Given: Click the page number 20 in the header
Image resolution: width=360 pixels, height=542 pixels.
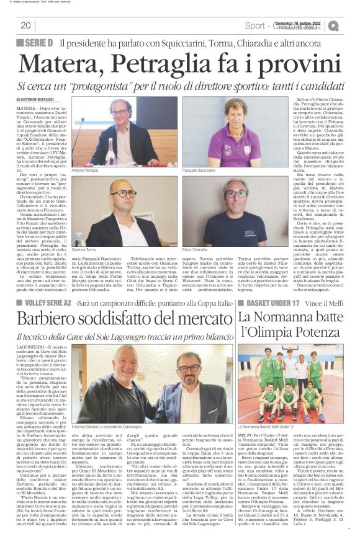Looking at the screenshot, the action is [25, 25].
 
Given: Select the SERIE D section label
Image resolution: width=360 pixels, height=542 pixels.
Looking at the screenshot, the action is [35, 43].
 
